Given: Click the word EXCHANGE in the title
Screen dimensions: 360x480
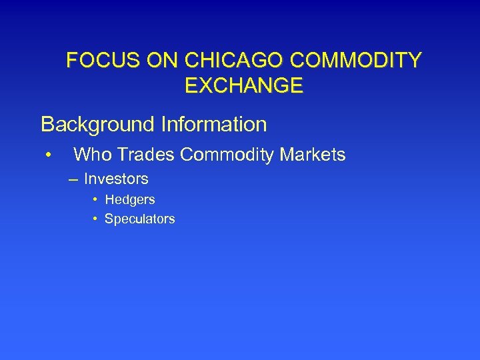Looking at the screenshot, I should tap(243, 85).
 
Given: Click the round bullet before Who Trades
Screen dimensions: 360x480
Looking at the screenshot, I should tap(49, 156).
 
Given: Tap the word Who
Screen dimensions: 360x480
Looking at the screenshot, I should tap(91, 155).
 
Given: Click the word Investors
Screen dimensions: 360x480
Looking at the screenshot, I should tap(116, 179).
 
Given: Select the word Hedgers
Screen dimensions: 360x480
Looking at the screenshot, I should tap(130, 200).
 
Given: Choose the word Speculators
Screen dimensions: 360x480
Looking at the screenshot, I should tap(140, 219).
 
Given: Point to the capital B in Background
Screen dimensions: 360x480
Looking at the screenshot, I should tap(47, 125).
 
